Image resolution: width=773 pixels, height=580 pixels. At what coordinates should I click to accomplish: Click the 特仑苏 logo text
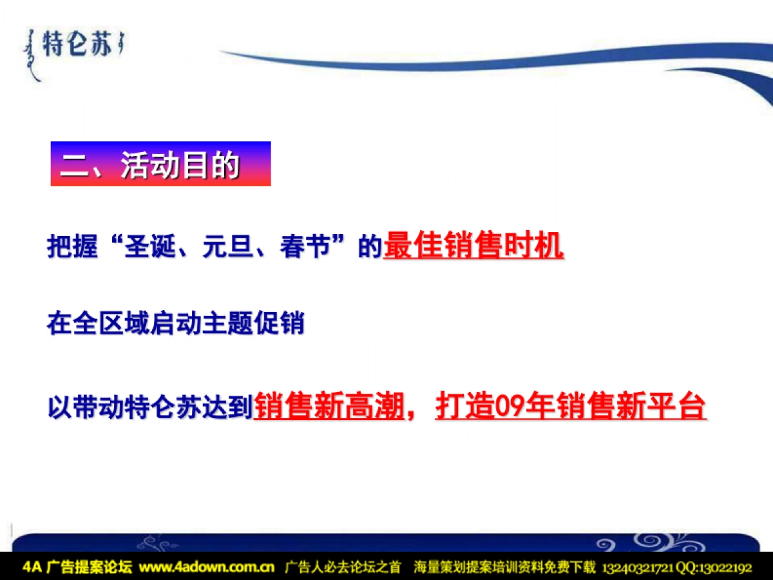(77, 44)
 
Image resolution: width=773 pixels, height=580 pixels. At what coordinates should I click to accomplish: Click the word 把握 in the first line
(72, 246)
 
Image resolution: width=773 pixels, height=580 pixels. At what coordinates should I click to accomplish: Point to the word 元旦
(228, 246)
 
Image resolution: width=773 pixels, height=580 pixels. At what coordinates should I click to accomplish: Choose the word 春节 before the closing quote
(306, 246)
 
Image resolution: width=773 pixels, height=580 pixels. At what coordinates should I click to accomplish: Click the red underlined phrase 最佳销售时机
(473, 246)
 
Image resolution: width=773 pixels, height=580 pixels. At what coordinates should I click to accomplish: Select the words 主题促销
(253, 323)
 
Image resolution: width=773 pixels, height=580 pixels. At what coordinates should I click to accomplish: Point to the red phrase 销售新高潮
(329, 407)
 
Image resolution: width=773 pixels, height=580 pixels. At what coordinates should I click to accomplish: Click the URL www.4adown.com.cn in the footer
(207, 567)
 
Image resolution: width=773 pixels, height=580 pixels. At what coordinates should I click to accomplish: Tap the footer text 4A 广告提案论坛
(77, 567)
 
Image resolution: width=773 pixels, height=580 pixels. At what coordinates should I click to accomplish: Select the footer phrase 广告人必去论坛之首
(343, 567)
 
